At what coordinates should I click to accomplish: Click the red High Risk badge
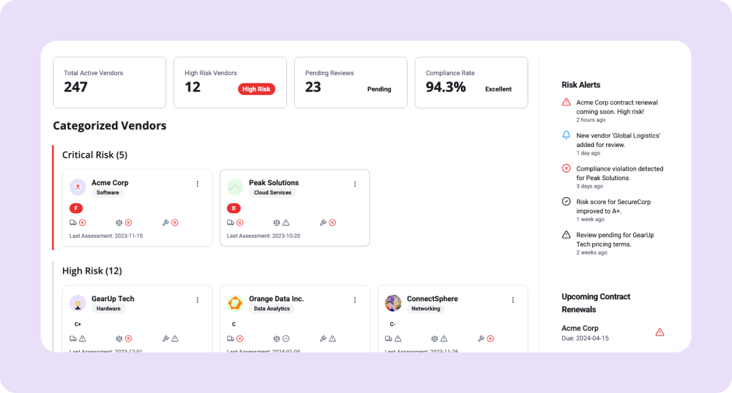tap(256, 89)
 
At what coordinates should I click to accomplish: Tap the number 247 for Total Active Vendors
tap(76, 87)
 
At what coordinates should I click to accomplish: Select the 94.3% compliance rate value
tap(445, 87)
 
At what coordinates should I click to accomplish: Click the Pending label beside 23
tap(379, 89)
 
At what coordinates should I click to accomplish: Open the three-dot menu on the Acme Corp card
tap(197, 184)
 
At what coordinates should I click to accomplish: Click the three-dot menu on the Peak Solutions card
tap(354, 184)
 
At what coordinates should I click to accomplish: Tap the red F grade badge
tap(77, 208)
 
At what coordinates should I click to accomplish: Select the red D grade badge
tap(234, 208)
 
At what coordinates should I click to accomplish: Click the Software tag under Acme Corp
tap(108, 192)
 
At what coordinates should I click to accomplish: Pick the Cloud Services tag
tap(272, 192)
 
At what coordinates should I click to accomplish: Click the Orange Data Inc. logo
tap(235, 303)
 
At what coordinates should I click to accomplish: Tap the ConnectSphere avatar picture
tap(393, 303)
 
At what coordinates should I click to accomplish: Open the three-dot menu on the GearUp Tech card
tap(197, 299)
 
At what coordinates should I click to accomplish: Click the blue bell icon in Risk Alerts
tap(567, 136)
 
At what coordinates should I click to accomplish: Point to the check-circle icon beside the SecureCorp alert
tap(567, 202)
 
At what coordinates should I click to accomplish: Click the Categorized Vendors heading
tap(110, 125)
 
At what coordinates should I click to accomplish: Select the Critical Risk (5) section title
tap(95, 154)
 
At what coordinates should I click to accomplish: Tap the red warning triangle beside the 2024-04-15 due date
tap(659, 332)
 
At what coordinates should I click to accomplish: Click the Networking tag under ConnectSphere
tap(426, 308)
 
